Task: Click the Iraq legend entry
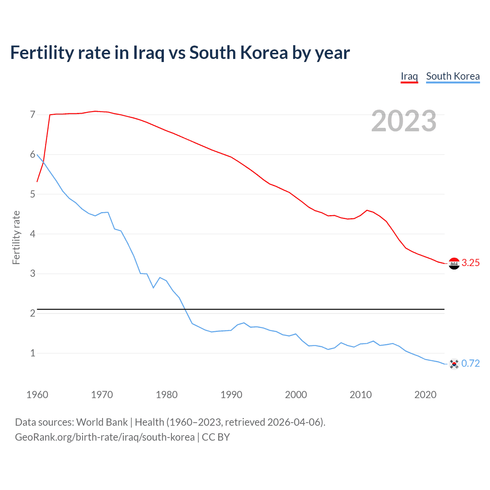click(409, 76)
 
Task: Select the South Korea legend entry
click(452, 76)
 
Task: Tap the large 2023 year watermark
click(403, 121)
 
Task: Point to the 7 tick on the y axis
click(33, 114)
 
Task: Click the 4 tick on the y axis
click(33, 234)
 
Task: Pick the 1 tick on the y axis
click(33, 353)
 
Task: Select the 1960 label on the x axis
click(37, 395)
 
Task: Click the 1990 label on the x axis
click(231, 395)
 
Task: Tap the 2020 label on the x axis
click(425, 395)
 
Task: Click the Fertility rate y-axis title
click(16, 237)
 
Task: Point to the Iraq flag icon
click(454, 263)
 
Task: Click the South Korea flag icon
click(454, 364)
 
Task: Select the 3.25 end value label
click(470, 263)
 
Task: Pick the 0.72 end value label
click(470, 363)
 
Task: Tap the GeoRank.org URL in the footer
click(105, 437)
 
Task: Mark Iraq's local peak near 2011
click(367, 210)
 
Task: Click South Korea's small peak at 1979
click(160, 278)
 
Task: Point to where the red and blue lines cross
click(43, 162)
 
